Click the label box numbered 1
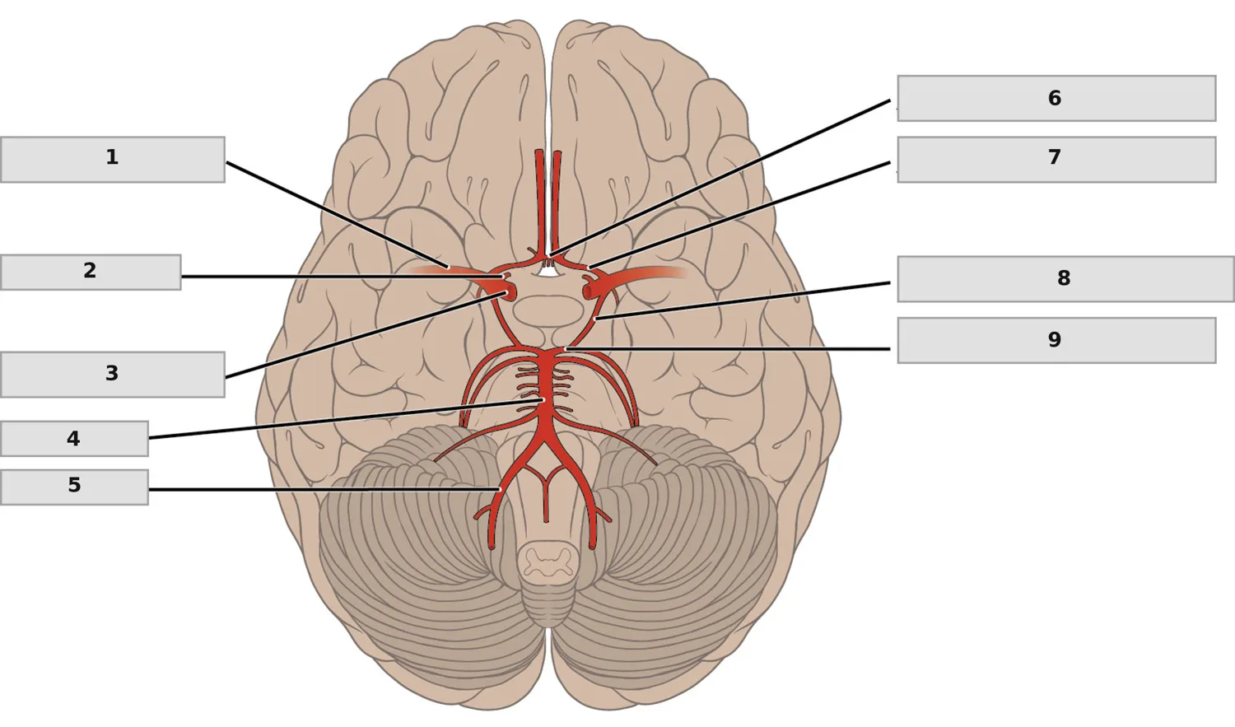tap(113, 159)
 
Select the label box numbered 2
tap(91, 273)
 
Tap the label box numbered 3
tap(113, 375)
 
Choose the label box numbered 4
tap(74, 439)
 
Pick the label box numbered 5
tap(74, 487)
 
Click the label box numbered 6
tap(1056, 98)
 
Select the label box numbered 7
tap(1056, 159)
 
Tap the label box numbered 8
tap(1065, 279)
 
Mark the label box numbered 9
tap(1056, 340)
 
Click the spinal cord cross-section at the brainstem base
tap(548, 561)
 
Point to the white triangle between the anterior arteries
tap(548, 270)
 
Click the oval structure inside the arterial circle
tap(548, 311)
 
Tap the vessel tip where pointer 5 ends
tap(500, 489)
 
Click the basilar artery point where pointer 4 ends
tap(543, 400)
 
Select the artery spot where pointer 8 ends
tap(595, 319)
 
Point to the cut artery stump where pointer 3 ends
tap(506, 293)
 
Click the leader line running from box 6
tap(720, 178)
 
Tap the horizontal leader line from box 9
tap(728, 349)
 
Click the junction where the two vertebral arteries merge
tap(545, 441)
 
